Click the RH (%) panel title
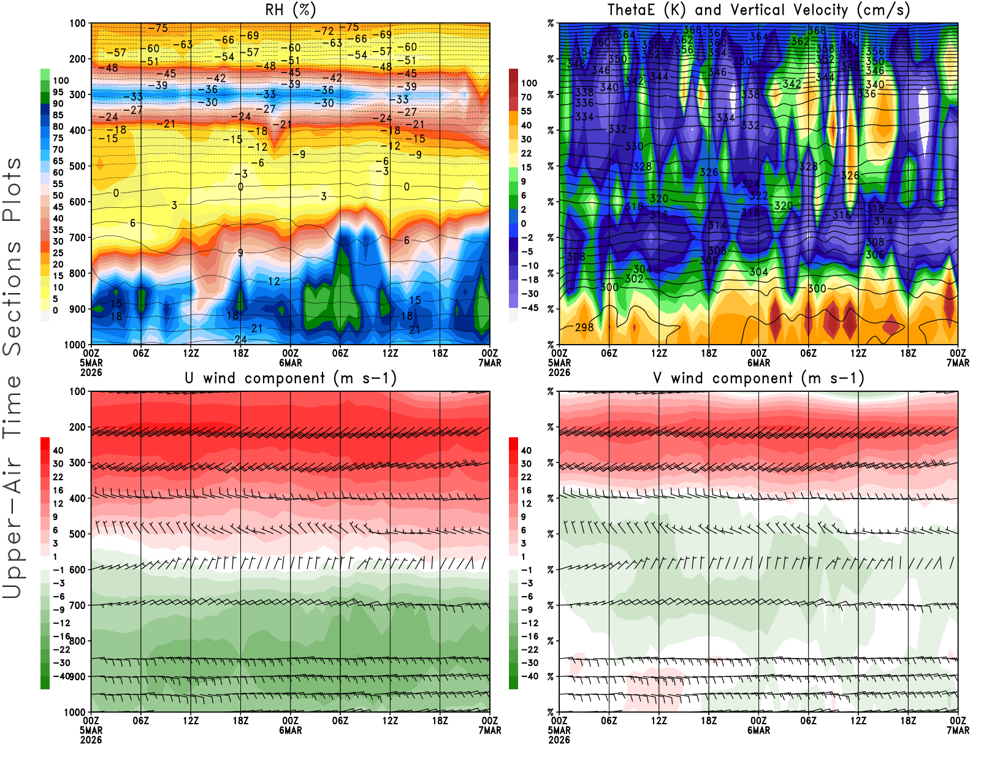(291, 10)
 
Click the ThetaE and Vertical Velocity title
(758, 10)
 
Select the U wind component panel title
(291, 378)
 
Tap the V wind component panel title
(758, 378)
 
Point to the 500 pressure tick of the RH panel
(78, 166)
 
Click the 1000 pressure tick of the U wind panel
(75, 712)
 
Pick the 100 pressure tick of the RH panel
(78, 23)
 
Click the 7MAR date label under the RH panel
(489, 363)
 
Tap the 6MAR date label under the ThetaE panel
(758, 363)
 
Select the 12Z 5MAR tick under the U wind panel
(191, 721)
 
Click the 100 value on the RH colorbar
(61, 81)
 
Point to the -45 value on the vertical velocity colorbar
(530, 308)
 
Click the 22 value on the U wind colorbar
(58, 477)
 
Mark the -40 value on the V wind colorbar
(530, 676)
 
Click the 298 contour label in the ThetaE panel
(584, 327)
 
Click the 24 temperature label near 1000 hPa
(240, 340)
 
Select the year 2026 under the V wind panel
(559, 740)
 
